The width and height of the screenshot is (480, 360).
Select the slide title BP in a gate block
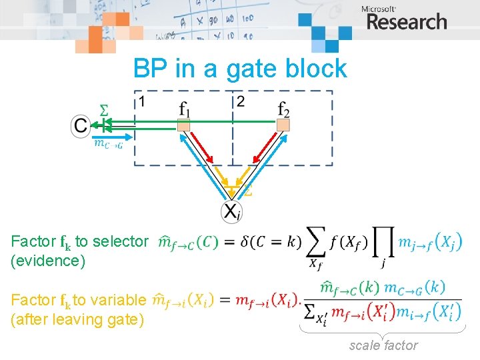click(x=240, y=68)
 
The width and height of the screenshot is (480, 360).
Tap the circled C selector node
click(x=81, y=125)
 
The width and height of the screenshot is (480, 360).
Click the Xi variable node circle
click(x=231, y=211)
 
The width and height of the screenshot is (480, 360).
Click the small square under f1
click(x=184, y=125)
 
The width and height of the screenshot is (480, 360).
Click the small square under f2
click(x=283, y=125)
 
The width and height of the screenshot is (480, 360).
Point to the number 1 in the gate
click(x=141, y=101)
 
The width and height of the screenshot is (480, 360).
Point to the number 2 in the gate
click(x=240, y=101)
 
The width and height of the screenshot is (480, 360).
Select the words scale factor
click(x=383, y=345)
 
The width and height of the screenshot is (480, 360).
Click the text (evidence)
click(x=49, y=260)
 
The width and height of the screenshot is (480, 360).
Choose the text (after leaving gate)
click(x=77, y=320)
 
